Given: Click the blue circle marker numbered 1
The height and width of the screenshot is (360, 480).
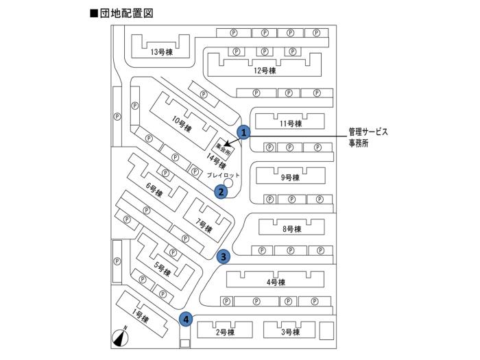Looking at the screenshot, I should coord(242,130).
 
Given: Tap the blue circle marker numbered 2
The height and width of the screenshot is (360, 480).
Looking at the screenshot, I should coord(221,192).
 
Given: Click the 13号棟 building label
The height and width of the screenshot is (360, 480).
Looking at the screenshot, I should coord(160,51).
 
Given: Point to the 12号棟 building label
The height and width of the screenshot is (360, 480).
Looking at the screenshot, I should coord(264,71).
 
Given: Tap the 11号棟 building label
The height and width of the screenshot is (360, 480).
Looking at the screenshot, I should coord(291,124).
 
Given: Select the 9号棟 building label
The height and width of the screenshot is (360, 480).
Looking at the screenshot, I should coord(291,177).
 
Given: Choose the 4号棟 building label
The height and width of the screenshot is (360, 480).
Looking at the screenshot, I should coord(275,282).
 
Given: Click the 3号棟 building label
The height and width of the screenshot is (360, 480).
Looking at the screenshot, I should coord(291,333).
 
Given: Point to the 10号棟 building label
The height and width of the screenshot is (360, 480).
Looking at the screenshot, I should coord(181,125).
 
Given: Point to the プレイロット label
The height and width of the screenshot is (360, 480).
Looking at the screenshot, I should coord(224,176).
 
